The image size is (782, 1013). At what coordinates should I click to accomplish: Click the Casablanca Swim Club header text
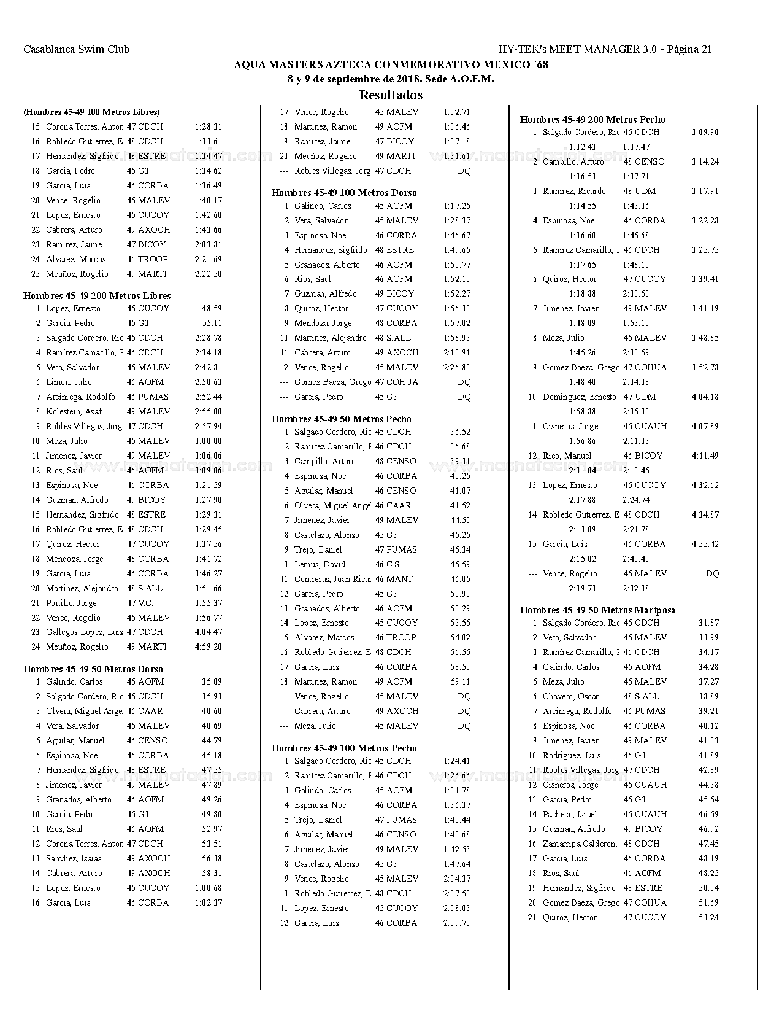tap(77, 50)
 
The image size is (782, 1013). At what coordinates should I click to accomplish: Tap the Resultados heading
tap(391, 95)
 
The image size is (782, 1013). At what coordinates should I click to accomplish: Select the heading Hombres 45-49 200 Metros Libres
tap(97, 296)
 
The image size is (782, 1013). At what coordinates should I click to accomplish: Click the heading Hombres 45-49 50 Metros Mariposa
tap(597, 610)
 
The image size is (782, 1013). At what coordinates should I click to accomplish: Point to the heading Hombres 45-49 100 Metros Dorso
tap(344, 193)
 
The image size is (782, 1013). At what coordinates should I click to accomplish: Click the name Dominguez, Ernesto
tap(579, 397)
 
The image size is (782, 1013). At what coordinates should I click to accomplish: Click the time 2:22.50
tap(208, 274)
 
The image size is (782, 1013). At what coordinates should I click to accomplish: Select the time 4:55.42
tap(705, 544)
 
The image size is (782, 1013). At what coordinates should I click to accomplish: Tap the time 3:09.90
tap(705, 132)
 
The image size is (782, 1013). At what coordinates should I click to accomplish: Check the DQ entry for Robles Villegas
tap(464, 171)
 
